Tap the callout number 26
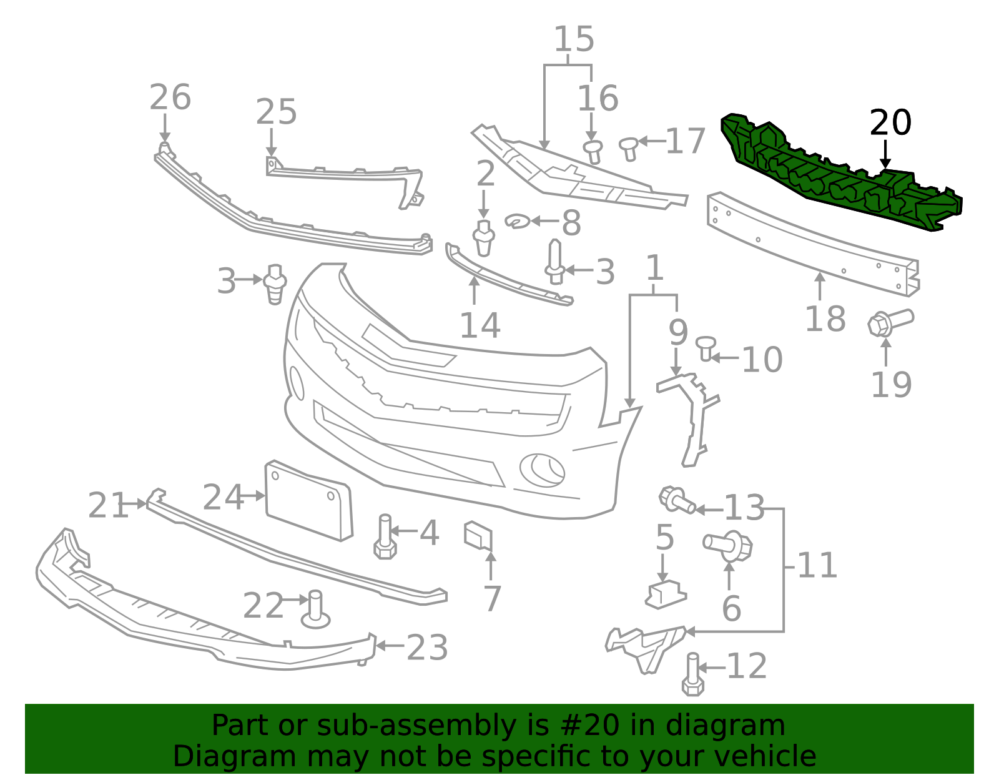[x=170, y=97]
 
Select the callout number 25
[x=277, y=112]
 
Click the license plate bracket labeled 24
[x=310, y=501]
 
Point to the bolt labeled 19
[x=890, y=323]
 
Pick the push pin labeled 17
[x=629, y=149]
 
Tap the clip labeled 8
[x=518, y=222]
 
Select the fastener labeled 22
[x=315, y=610]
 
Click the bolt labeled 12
[x=692, y=674]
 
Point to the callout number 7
[x=493, y=598]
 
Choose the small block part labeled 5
[x=666, y=595]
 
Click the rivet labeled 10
[x=706, y=348]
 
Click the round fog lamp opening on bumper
[x=542, y=470]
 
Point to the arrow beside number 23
[x=390, y=646]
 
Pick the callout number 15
[x=574, y=39]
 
